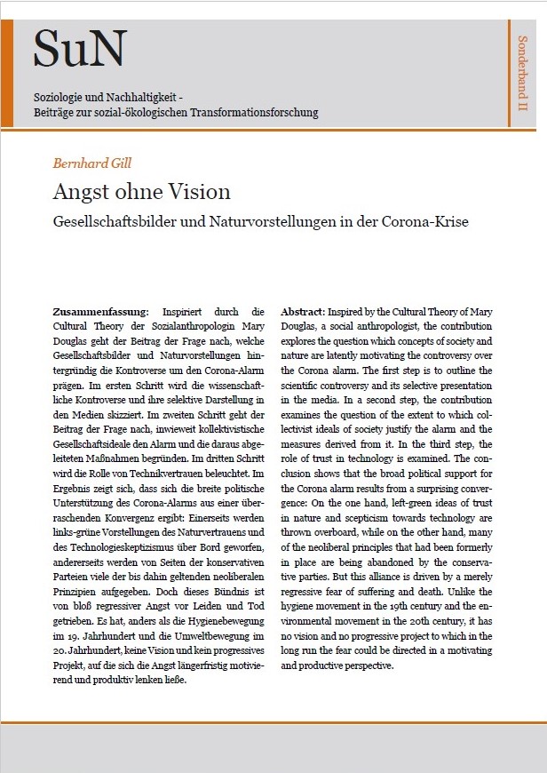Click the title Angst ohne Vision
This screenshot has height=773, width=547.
(141, 191)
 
